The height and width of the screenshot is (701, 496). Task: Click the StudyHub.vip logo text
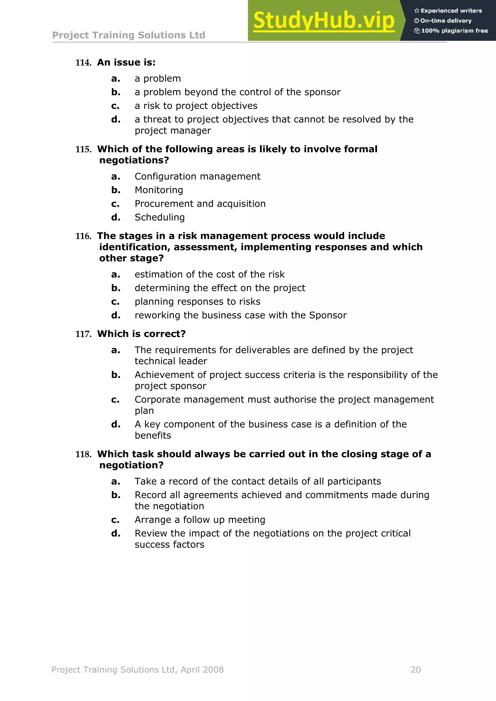click(324, 21)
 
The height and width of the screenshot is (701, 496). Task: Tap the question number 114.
click(83, 63)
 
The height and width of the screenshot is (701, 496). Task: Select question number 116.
click(83, 236)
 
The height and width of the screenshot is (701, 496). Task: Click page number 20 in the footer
click(415, 670)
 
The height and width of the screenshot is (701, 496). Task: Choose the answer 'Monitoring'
click(159, 190)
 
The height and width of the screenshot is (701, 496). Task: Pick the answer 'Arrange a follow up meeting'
click(200, 520)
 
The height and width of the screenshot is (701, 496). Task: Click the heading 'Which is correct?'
click(141, 334)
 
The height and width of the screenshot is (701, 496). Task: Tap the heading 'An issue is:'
click(126, 63)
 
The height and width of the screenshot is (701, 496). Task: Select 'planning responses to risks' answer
click(197, 302)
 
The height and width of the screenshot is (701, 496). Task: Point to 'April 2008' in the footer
click(202, 670)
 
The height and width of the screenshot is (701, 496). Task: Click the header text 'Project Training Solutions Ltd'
click(129, 35)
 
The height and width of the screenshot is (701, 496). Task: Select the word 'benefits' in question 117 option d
click(153, 435)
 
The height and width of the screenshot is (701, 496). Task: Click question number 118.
click(83, 455)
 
